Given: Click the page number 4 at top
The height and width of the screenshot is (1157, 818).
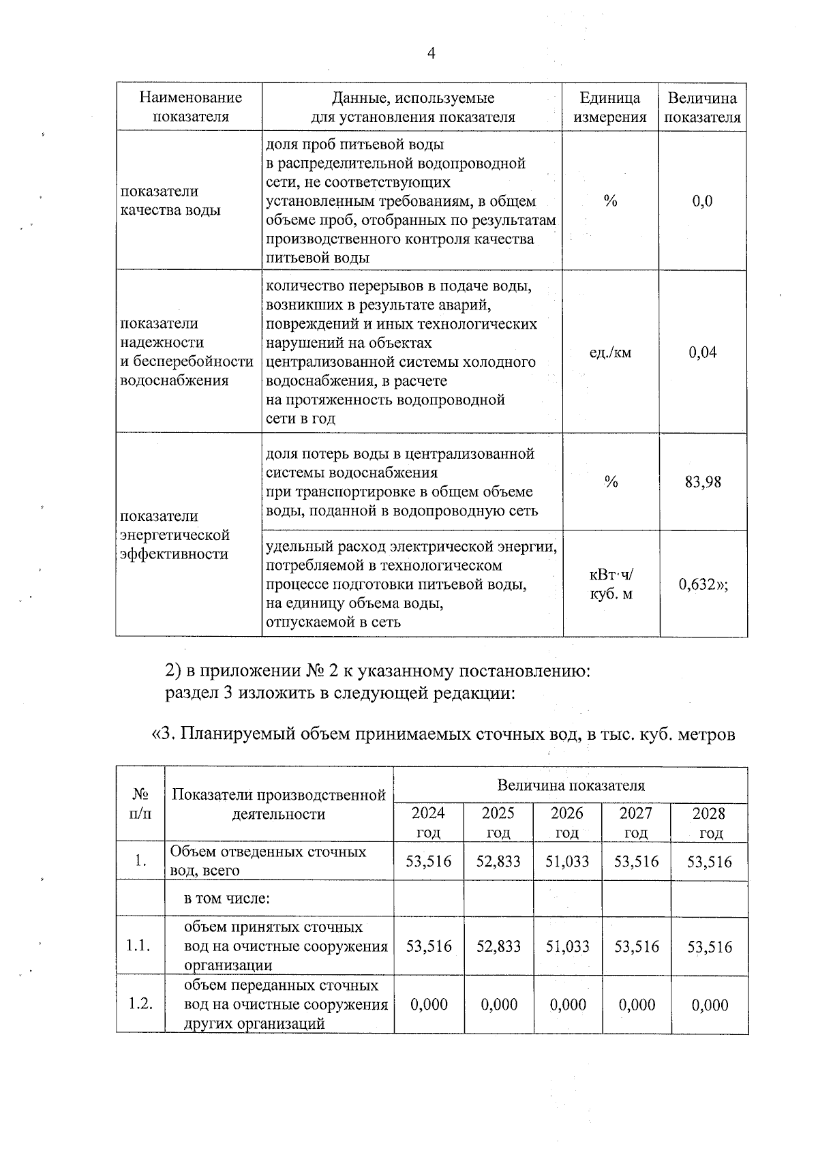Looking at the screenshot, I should coord(430,55).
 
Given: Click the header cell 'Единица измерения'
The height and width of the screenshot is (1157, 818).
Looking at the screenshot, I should coord(609,107).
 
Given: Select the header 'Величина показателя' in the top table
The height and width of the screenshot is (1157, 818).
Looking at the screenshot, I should coord(702,107).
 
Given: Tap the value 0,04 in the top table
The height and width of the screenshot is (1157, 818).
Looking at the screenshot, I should coord(703,352).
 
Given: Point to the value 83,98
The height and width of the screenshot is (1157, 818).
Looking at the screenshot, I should coord(703,482).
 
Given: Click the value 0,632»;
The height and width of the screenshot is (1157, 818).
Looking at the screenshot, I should coord(703,584).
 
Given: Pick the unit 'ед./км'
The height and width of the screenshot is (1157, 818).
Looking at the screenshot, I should coord(610,352).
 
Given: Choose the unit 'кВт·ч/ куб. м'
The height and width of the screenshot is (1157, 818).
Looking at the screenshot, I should coord(610,584).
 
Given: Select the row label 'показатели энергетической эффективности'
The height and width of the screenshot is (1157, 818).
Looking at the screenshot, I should coord(175,535).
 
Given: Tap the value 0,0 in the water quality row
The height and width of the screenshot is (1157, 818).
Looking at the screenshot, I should coord(702,201).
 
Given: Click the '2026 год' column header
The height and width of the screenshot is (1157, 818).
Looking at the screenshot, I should coord(566,822).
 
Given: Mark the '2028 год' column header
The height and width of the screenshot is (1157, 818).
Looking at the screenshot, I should coord(709,822).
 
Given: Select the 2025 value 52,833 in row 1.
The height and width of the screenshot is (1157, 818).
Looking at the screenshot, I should coord(498,861).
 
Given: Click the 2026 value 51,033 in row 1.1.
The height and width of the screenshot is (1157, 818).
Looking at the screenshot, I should coord(567,946).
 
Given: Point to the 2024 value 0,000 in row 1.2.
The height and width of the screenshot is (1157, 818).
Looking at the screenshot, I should coord(429,1004).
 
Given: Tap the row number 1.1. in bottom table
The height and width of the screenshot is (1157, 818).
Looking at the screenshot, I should coord(140,946).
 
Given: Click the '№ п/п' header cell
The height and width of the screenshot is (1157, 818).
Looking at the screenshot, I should coord(140,804).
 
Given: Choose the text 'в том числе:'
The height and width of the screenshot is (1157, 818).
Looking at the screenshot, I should coord(227,898).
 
